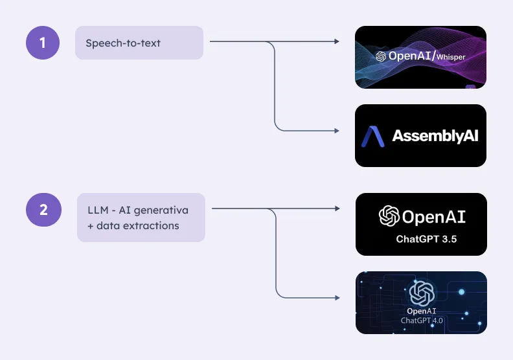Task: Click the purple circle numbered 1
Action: coord(43,43)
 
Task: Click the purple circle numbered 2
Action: coord(43,210)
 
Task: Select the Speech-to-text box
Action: coord(139,43)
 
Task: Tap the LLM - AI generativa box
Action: coord(141,218)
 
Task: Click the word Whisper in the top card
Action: coord(451,57)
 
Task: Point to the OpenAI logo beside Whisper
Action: coord(381,56)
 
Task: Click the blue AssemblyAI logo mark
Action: coord(372,137)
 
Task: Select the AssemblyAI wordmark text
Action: coord(435,136)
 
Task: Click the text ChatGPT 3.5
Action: coord(426,239)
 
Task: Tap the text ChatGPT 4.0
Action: coord(422,321)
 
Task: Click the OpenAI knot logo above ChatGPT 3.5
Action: coord(389,216)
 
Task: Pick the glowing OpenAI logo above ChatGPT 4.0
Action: coord(422,293)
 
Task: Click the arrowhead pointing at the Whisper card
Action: coord(337,41)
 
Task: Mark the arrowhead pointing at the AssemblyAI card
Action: coord(337,131)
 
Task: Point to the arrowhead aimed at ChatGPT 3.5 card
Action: coord(337,208)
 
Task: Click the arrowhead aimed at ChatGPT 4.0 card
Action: coord(337,298)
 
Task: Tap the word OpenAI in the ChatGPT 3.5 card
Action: coord(434,216)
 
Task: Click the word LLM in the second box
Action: coord(98,210)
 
